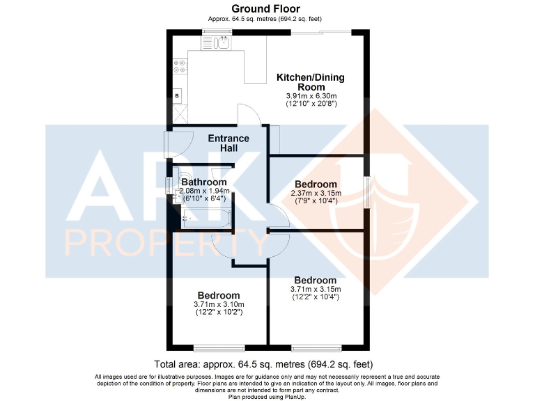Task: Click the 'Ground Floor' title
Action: pyautogui.click(x=267, y=9)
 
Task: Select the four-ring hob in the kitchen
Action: pyautogui.click(x=180, y=68)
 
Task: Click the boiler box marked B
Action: pyautogui.click(x=177, y=95)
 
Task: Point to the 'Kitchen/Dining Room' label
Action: pyautogui.click(x=311, y=82)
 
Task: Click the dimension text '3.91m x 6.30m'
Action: pyautogui.click(x=311, y=95)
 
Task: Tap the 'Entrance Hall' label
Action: pyautogui.click(x=228, y=143)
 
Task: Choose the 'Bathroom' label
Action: pyautogui.click(x=204, y=182)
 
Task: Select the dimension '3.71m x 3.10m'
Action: pyautogui.click(x=218, y=304)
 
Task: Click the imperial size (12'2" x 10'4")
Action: pyautogui.click(x=316, y=298)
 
